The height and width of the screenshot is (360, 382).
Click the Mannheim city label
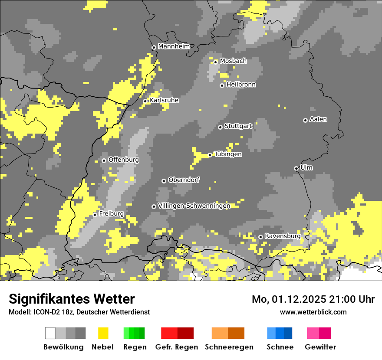click(174, 46)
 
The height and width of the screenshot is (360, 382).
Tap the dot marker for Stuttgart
click(220, 127)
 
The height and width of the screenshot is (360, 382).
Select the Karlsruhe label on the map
click(164, 100)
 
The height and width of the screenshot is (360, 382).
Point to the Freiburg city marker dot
click(95, 215)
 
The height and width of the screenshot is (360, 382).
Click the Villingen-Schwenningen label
click(194, 206)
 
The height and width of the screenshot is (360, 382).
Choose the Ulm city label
click(306, 167)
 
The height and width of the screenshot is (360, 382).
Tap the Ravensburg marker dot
click(260, 237)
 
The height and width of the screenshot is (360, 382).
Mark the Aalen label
click(318, 119)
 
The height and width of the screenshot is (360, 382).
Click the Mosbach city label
click(233, 61)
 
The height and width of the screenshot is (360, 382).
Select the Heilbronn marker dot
click(222, 85)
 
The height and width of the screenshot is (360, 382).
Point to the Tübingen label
click(228, 154)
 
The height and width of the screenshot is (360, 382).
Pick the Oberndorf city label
click(184, 180)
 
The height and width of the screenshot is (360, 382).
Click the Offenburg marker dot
click(104, 160)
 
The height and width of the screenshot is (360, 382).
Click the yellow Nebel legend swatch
click(103, 333)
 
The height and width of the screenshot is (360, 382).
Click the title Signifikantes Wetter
click(72, 299)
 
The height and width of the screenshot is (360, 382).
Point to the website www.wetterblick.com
click(313, 312)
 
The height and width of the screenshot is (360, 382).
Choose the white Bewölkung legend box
click(50, 333)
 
